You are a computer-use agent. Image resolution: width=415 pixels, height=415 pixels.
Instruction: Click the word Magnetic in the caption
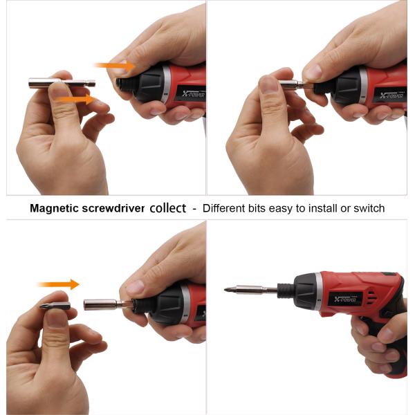(54, 208)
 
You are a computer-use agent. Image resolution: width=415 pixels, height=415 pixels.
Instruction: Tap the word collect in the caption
(168, 208)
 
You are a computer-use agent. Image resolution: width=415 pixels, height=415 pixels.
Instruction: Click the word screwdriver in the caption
(113, 208)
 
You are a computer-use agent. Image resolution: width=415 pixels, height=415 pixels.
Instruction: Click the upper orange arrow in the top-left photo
(114, 66)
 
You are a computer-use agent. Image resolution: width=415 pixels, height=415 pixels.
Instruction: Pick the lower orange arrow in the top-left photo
(76, 100)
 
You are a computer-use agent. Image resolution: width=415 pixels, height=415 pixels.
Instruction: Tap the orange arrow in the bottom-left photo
(58, 284)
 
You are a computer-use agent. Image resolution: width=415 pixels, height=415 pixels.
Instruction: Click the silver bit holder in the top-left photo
(62, 83)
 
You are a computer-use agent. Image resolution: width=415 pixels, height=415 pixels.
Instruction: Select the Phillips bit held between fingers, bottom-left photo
(55, 306)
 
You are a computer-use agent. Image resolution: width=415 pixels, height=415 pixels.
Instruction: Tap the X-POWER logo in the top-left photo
(194, 93)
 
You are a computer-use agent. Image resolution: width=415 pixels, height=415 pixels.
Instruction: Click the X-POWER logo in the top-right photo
(391, 95)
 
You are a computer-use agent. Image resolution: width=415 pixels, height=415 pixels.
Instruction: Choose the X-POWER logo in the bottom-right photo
(345, 299)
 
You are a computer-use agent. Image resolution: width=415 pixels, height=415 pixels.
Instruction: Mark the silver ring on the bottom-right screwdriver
(318, 290)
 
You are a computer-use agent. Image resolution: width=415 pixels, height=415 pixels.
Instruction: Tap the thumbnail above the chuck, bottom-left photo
(136, 287)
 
